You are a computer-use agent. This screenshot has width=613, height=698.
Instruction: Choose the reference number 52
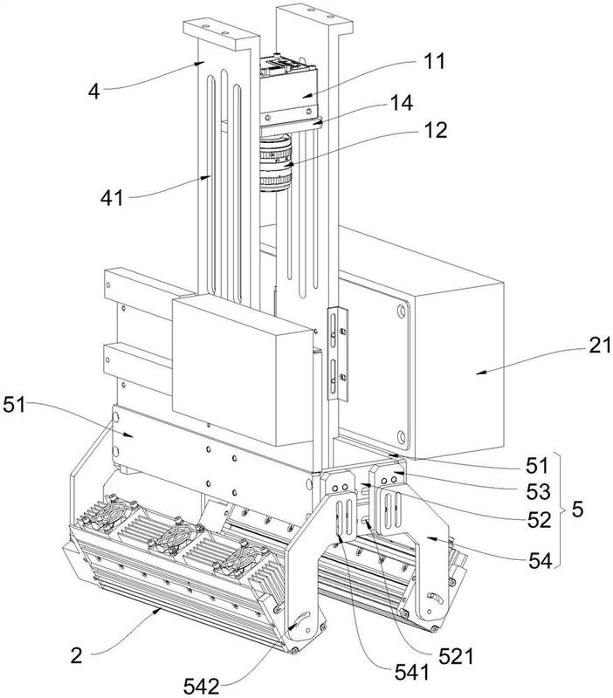(541, 521)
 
